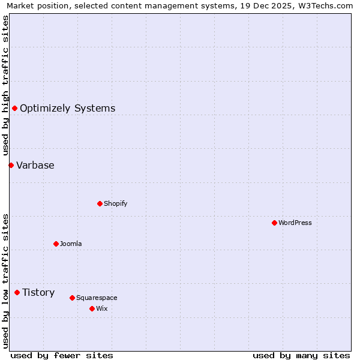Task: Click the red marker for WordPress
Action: (274, 223)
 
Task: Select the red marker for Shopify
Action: (100, 203)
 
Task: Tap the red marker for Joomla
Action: (56, 244)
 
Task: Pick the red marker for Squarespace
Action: (72, 298)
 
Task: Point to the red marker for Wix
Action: (92, 308)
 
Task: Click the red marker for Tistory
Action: (17, 292)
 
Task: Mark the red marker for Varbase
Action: (11, 165)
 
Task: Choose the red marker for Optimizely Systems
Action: (14, 108)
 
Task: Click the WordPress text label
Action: (295, 223)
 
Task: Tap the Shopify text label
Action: (116, 203)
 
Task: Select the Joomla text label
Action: (71, 244)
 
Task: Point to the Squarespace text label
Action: (97, 298)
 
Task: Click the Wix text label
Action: (101, 308)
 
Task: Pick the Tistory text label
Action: (38, 292)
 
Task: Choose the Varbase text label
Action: (35, 165)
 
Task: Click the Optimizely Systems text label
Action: (68, 108)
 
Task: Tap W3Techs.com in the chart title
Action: (326, 6)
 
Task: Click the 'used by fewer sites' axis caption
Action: (62, 355)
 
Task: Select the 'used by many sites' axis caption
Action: (301, 355)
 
